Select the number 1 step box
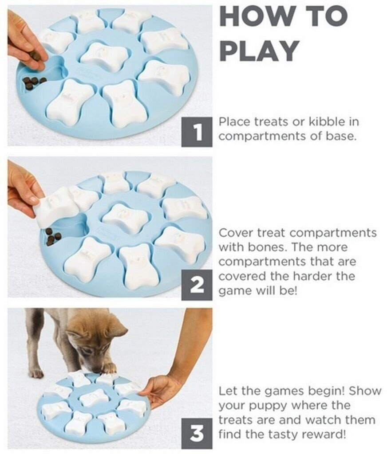(197, 132)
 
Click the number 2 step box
(197, 285)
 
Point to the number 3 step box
(197, 434)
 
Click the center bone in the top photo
(104, 56)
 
